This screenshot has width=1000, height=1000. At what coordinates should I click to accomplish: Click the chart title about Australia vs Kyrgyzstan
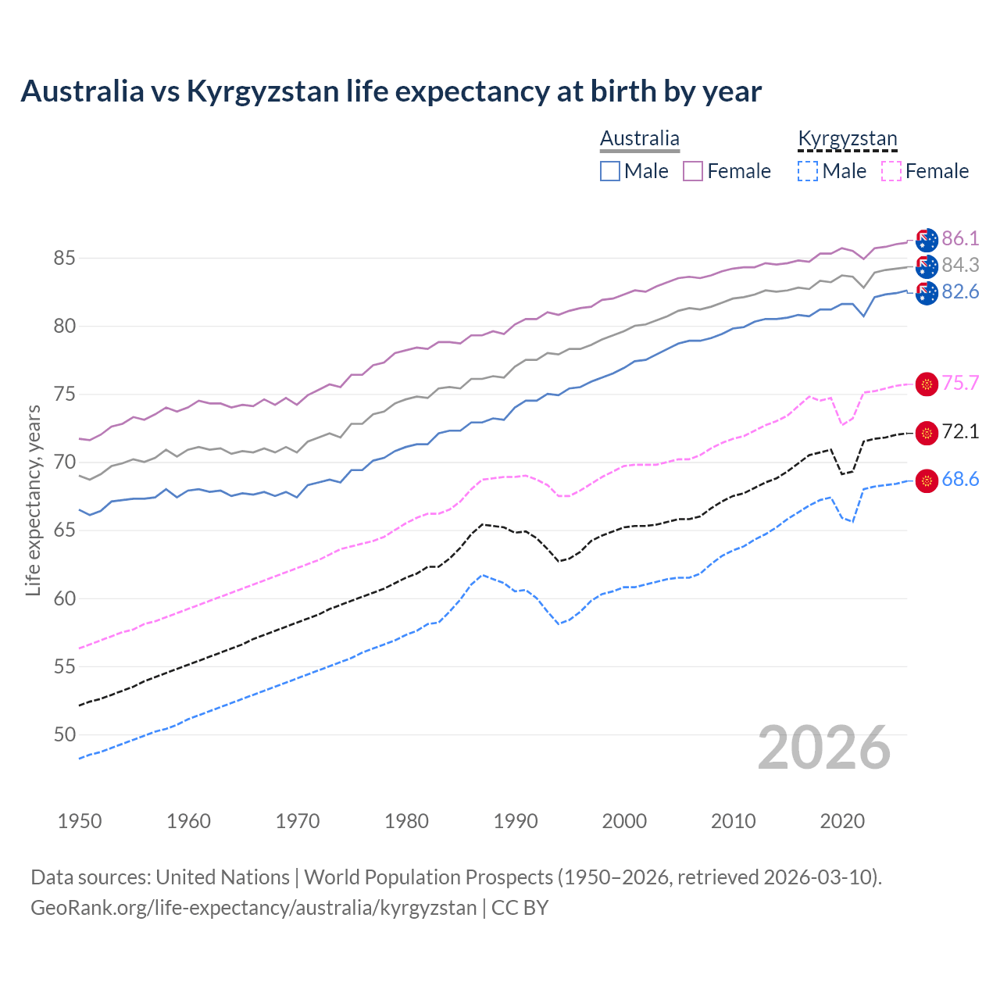point(391,91)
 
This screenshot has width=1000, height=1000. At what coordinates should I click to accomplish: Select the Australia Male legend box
point(610,171)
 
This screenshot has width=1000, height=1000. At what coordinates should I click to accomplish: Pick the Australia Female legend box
point(693,171)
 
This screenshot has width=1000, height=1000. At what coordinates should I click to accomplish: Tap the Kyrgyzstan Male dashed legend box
point(808,171)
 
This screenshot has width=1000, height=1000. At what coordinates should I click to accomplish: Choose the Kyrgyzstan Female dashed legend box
point(891,171)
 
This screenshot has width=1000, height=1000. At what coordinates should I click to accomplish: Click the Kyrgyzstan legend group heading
point(847,139)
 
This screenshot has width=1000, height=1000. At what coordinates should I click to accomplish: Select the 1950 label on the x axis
point(80,821)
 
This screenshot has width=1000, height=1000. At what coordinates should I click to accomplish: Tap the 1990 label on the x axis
point(516,821)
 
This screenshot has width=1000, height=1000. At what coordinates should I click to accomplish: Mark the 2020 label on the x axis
point(842,821)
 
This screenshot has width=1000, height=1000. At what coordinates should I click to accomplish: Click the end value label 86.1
point(960,238)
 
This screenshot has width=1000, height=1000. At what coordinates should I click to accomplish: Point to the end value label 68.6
point(960,480)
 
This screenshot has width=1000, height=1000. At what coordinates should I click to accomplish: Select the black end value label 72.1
point(960,431)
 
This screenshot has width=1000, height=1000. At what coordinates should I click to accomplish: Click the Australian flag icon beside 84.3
point(927,266)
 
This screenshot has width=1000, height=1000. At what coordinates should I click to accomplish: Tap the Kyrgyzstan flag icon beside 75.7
point(927,384)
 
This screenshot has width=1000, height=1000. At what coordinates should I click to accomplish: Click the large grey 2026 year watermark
point(824,748)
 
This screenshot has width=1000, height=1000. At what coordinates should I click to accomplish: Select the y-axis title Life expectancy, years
point(33,500)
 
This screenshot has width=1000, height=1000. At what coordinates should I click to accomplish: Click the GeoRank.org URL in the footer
point(254,908)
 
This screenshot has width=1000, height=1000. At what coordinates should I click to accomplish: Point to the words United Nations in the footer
point(223,877)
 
